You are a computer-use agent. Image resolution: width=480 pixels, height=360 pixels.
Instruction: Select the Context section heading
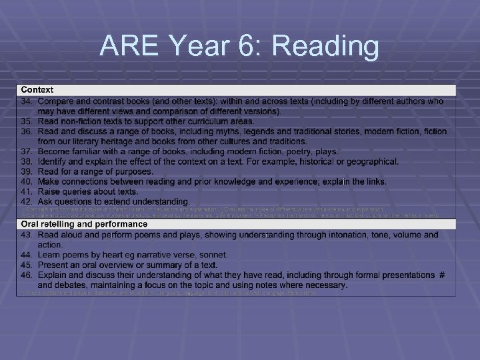(x=37, y=89)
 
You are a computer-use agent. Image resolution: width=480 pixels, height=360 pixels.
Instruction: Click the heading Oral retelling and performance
(x=84, y=225)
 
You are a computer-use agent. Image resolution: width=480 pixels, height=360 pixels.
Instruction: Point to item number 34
(x=27, y=101)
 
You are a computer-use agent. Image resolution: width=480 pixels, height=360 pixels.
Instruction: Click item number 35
(x=27, y=121)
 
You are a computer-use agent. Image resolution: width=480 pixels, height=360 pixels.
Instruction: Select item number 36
(x=27, y=131)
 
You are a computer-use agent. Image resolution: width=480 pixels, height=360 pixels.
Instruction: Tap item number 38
(x=27, y=161)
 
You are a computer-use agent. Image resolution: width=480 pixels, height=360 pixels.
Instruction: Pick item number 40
(x=27, y=181)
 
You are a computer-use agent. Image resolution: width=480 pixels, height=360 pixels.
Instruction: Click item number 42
(x=27, y=201)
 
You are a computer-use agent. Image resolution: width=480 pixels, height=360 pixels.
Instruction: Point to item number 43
(x=27, y=235)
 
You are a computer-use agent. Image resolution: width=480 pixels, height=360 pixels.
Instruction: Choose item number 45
(x=27, y=265)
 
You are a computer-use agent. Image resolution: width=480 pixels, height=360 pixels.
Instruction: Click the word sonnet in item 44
(x=213, y=255)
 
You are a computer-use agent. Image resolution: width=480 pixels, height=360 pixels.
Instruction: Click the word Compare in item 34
(x=56, y=101)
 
